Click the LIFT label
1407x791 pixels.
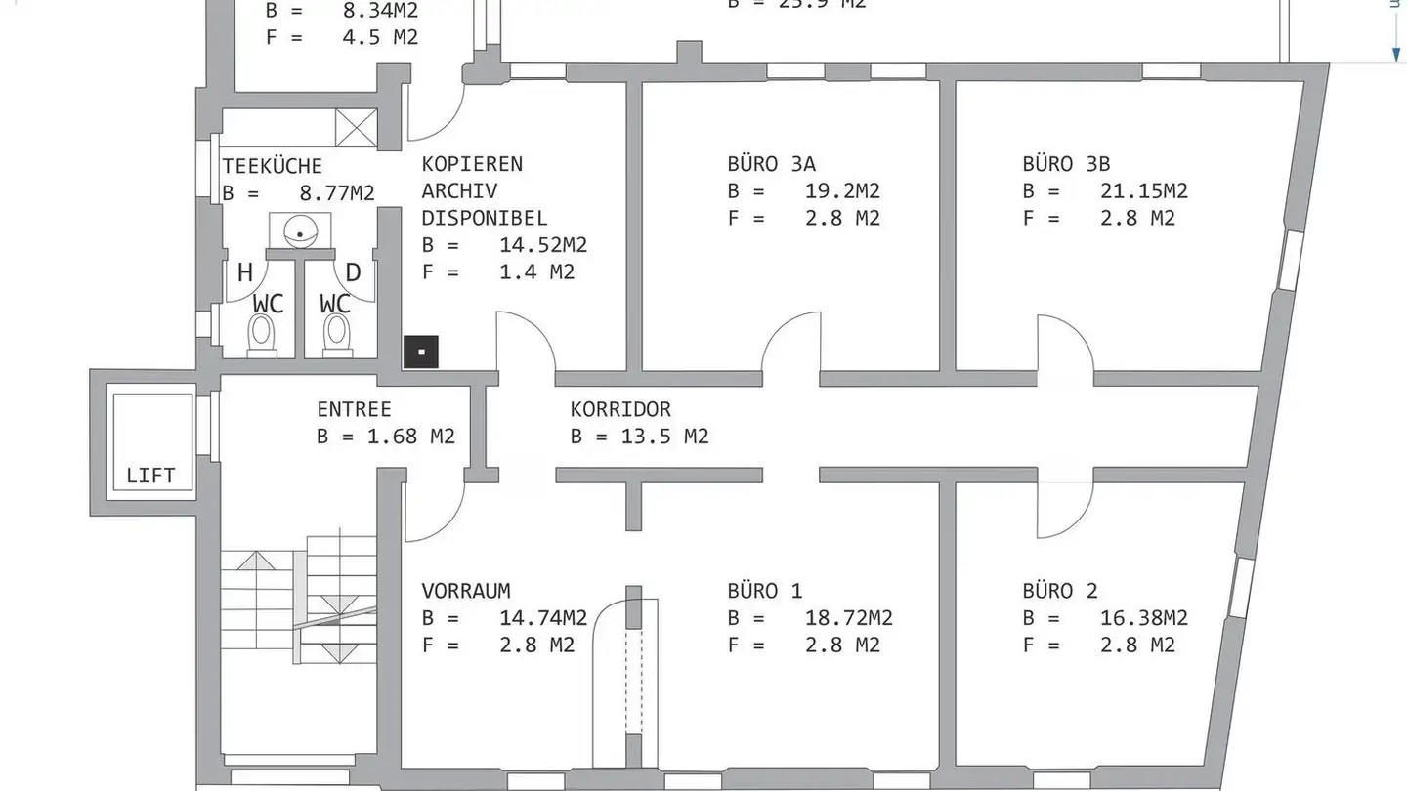150,476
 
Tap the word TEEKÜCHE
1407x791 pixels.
272,166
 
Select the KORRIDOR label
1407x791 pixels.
620,409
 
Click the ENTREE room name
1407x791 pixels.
354,409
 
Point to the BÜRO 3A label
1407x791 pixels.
771,164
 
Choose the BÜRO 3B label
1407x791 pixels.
1066,164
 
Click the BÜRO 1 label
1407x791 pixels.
764,591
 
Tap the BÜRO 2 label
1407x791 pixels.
1060,591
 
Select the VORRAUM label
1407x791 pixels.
466,591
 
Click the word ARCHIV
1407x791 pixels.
459,190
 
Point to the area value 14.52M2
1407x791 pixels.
543,245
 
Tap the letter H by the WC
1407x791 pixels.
245,273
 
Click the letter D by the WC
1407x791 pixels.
354,273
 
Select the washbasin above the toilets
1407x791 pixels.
300,230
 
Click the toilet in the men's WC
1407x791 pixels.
261,334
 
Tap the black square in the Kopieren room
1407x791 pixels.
421,352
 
